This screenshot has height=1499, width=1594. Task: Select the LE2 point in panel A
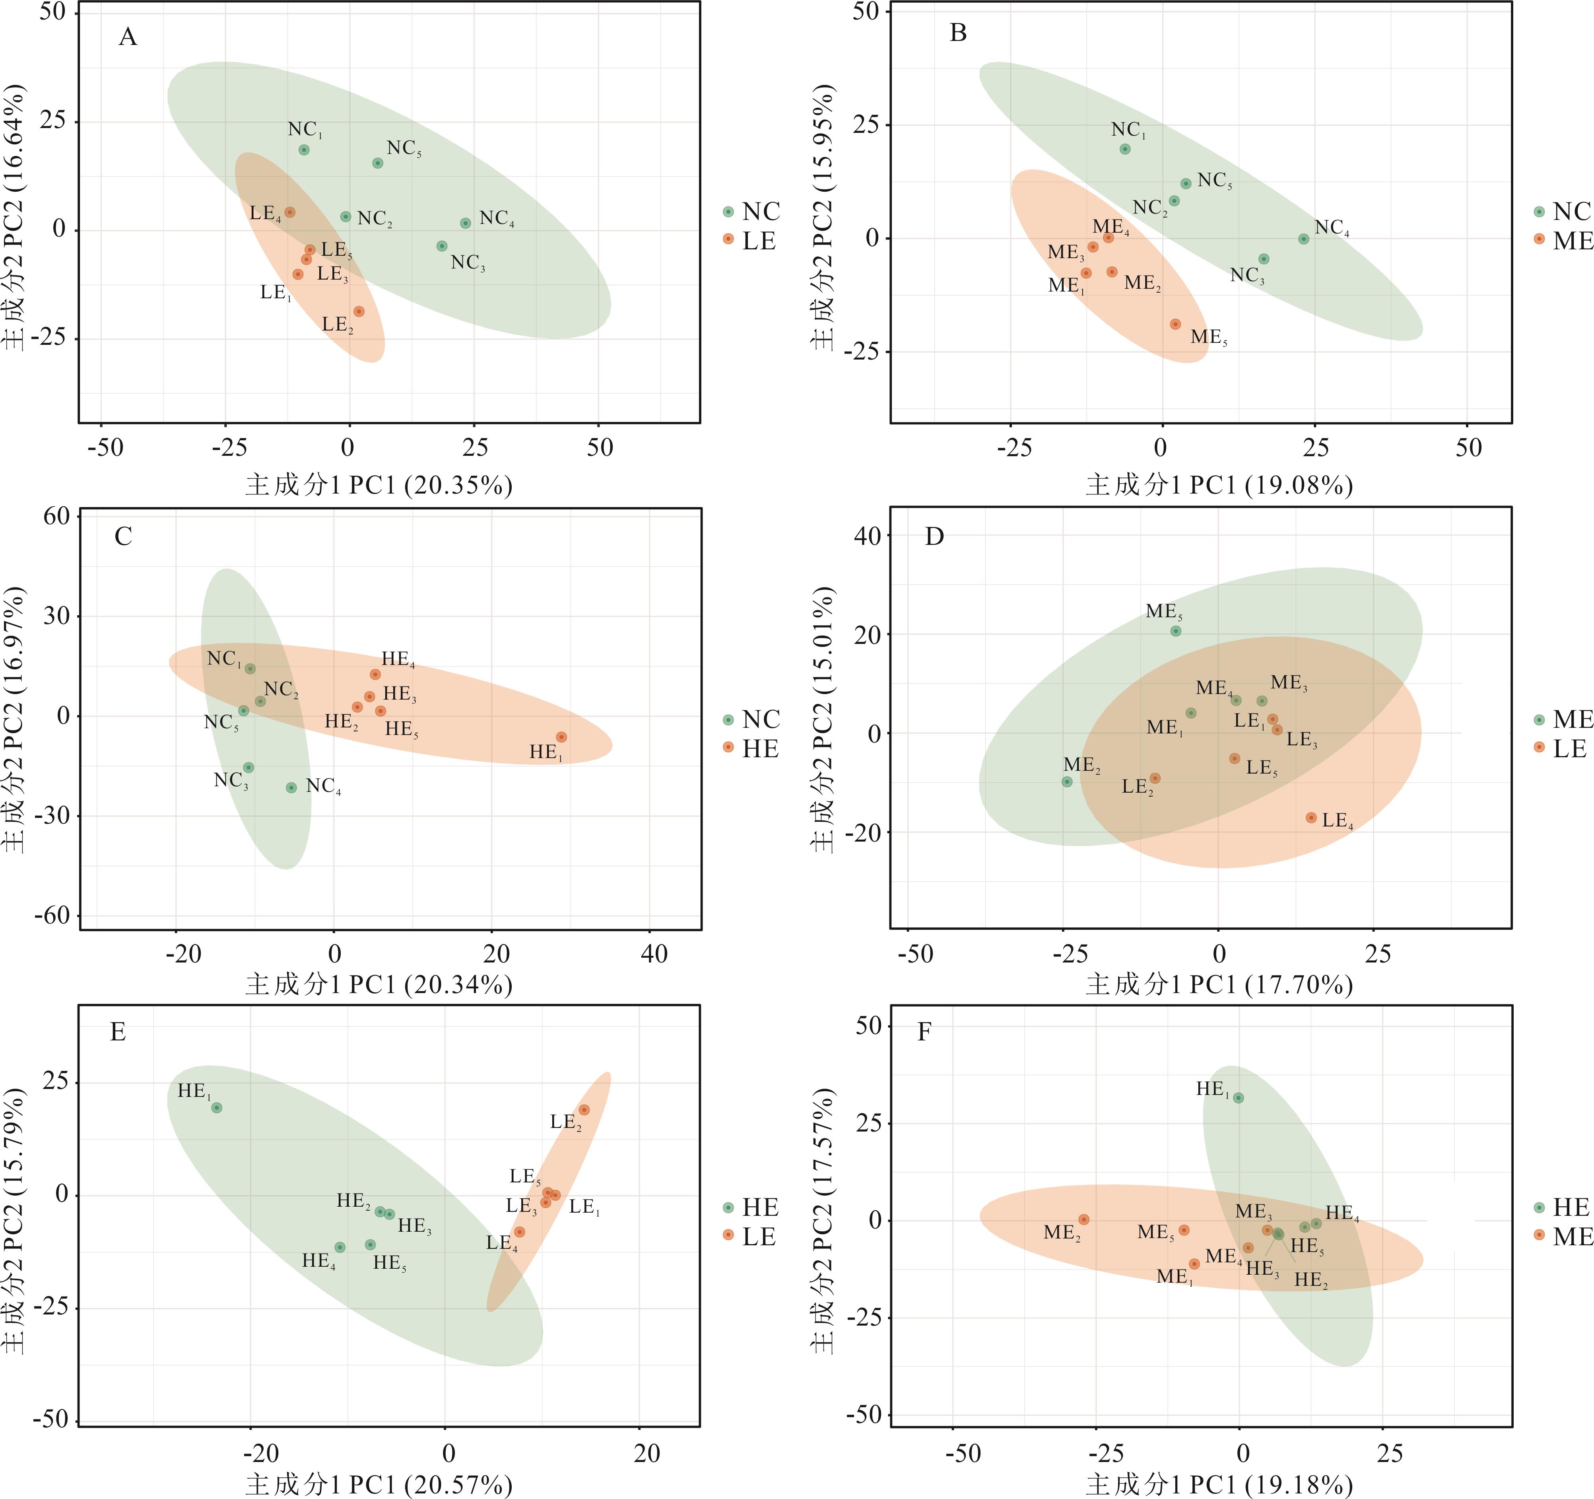pyautogui.click(x=359, y=311)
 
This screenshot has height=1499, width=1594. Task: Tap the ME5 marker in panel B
pyautogui.click(x=1175, y=324)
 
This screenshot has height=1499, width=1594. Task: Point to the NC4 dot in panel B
pyautogui.click(x=1304, y=239)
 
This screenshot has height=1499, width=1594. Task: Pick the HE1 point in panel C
pyautogui.click(x=561, y=736)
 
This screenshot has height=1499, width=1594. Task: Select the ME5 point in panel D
pyautogui.click(x=1175, y=631)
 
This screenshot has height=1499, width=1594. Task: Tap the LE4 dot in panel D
pyautogui.click(x=1311, y=817)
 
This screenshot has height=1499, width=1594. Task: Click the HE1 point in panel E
pyautogui.click(x=216, y=1108)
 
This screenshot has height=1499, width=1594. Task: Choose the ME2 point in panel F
pyautogui.click(x=1083, y=1219)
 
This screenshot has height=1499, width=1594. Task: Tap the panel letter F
pyautogui.click(x=924, y=1031)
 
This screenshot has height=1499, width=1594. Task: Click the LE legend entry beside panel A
pyautogui.click(x=750, y=241)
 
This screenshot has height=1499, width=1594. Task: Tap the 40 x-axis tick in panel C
pyautogui.click(x=654, y=955)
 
